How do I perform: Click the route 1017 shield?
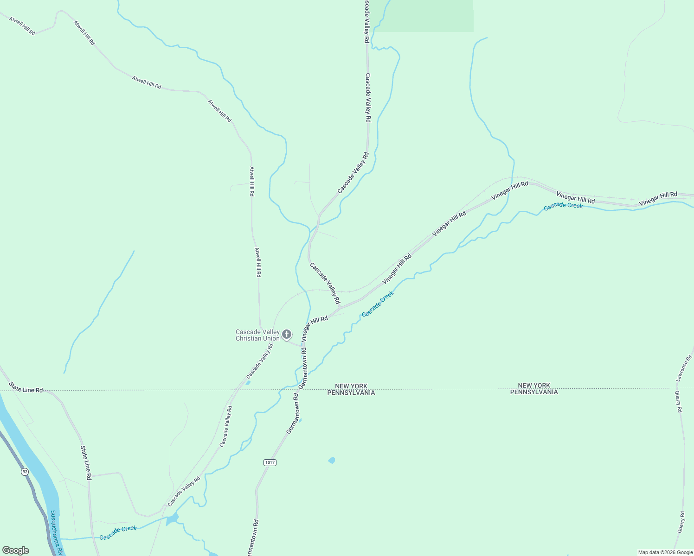[x=270, y=462]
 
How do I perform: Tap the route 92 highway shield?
[x=25, y=472]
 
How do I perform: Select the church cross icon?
[x=287, y=334]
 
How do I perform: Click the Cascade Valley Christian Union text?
[x=257, y=335]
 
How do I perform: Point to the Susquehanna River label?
[x=56, y=533]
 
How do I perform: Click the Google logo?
[x=15, y=550]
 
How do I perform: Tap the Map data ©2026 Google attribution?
[x=665, y=552]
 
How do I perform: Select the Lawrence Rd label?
[x=684, y=368]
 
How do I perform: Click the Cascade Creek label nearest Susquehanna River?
[x=118, y=533]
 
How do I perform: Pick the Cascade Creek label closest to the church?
[x=378, y=304]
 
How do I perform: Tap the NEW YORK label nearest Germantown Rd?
[x=351, y=386]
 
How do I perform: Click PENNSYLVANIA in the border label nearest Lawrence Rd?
[x=534, y=392]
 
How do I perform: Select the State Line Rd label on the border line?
[x=26, y=387]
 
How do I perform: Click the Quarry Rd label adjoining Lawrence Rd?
[x=679, y=401]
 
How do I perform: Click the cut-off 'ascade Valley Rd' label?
[x=366, y=22]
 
